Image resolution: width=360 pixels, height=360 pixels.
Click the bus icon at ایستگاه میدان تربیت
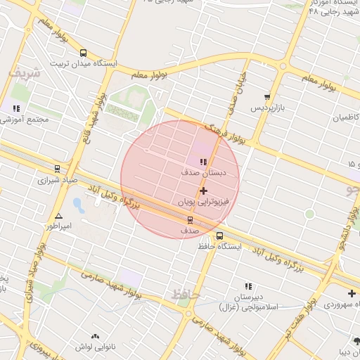coord(84,53)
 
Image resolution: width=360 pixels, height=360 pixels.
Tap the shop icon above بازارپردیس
coord(266,97)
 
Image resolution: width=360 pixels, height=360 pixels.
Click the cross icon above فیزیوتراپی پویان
coord(203,191)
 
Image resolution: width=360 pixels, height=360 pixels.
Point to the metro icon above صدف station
coord(189,220)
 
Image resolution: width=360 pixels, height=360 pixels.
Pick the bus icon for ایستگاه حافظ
coord(220,236)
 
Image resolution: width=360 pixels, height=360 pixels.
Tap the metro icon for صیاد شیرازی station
coord(58,168)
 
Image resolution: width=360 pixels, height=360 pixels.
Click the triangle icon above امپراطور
coord(58,217)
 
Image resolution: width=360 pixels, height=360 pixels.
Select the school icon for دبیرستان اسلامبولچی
coord(247,286)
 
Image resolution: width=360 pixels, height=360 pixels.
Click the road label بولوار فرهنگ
coord(224,134)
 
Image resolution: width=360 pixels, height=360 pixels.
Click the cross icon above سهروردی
coord(352,292)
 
